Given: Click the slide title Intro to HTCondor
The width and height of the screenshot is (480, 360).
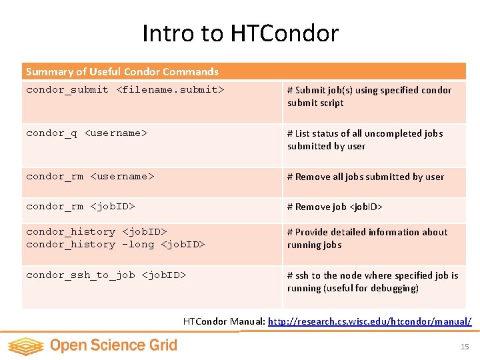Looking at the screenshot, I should point(240,33).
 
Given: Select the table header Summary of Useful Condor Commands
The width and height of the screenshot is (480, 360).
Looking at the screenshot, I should point(122,71).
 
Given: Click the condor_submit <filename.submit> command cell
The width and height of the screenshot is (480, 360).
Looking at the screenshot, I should point(125,90).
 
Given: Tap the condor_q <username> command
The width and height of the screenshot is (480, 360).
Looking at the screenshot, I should point(86,133).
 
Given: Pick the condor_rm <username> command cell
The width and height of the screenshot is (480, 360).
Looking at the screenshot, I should point(90,177).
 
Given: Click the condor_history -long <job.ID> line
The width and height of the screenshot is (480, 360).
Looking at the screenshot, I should point(115,245).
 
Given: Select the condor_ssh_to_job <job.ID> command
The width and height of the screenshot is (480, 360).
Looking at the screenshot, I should point(106,275).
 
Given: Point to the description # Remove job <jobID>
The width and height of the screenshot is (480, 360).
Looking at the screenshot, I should point(335,207).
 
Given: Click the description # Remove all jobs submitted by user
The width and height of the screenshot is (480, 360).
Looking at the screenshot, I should point(365,177).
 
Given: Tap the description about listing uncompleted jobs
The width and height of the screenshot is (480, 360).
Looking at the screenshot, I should point(365,139).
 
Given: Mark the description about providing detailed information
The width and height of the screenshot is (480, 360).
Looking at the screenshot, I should point(367,238).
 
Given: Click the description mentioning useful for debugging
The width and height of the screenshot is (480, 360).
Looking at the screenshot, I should point(373,281).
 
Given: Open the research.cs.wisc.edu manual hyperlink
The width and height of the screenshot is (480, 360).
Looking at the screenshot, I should point(369,321).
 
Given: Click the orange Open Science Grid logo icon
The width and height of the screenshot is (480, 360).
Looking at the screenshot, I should point(25,345).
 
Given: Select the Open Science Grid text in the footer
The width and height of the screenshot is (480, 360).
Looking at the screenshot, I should point(113,345).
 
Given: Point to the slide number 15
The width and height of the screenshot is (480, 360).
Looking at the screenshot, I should point(465,347).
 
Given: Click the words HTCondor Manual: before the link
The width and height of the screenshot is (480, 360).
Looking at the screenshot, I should point(224,321).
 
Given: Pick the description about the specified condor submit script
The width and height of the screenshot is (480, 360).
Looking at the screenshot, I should point(369,96).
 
